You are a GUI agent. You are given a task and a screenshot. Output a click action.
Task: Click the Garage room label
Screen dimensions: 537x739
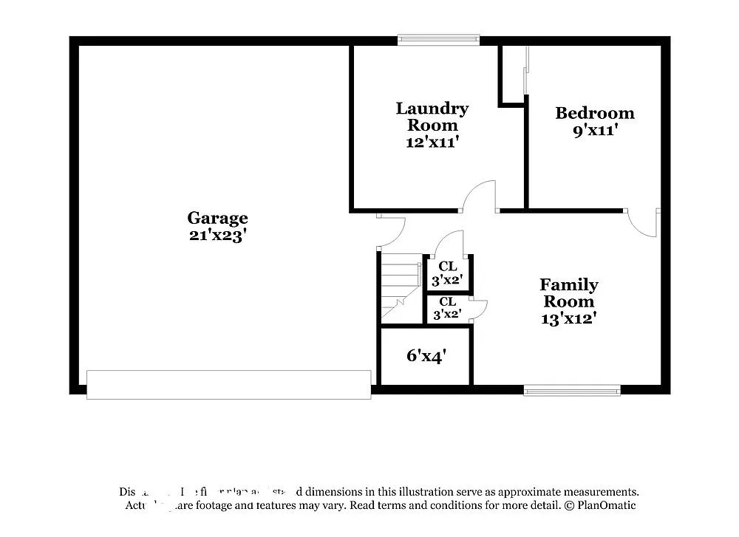(217, 218)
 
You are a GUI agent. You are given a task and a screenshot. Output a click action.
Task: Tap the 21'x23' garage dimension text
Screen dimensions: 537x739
(217, 236)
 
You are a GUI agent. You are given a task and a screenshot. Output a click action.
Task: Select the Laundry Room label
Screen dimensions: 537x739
(432, 117)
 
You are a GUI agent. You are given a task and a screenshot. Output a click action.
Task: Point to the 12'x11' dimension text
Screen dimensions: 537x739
(432, 142)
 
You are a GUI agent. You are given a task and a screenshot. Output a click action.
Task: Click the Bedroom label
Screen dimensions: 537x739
(594, 113)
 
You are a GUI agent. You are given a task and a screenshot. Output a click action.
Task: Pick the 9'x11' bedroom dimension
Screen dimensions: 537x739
(594, 131)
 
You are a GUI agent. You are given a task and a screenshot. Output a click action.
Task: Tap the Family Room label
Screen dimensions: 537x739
(568, 293)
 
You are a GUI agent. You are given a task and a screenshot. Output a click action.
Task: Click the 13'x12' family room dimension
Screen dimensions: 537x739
(568, 318)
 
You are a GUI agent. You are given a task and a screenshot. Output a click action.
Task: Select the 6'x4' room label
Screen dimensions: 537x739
(426, 356)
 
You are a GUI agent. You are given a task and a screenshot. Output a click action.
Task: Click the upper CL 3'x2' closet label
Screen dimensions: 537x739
(447, 273)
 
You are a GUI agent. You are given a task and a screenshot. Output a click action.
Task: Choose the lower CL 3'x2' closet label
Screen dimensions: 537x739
(447, 307)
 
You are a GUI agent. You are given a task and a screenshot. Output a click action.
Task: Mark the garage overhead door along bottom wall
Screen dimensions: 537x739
(228, 385)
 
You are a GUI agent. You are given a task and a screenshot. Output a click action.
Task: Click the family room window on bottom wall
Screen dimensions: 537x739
(572, 390)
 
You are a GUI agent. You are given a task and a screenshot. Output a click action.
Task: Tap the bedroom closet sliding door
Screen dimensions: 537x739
(526, 70)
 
